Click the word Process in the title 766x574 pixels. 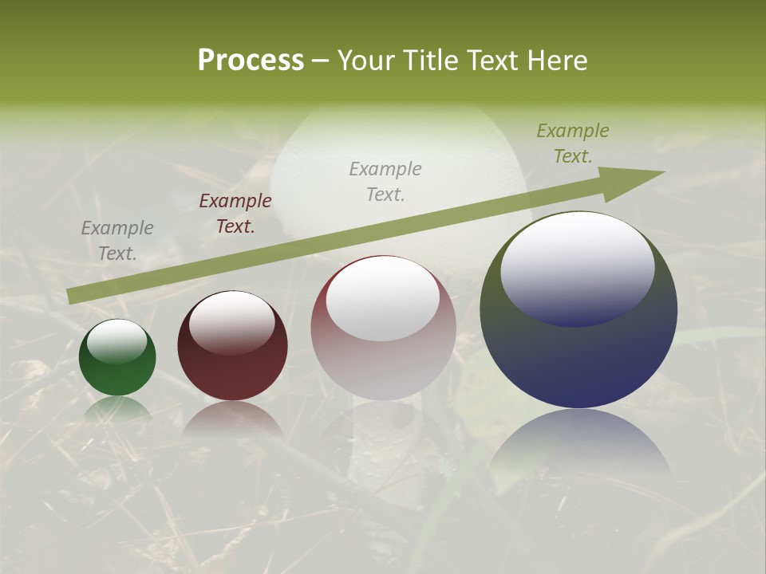click(251, 61)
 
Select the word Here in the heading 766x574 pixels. click(555, 61)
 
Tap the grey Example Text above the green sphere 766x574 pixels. click(117, 241)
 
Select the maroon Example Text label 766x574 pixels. click(235, 214)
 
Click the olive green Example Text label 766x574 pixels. click(573, 143)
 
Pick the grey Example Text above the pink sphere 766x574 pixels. click(385, 181)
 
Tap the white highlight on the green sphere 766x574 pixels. click(117, 341)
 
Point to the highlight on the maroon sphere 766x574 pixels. click(232, 321)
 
